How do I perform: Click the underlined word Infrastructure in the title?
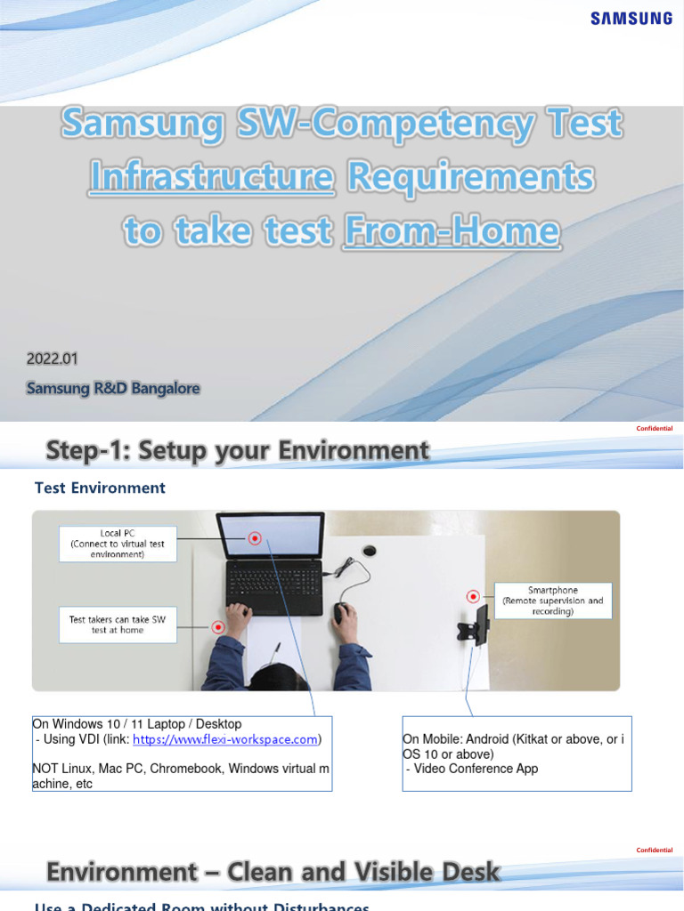(210, 178)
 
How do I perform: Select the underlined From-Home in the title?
(452, 231)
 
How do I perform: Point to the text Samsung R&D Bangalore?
(113, 388)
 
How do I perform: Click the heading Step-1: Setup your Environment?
(238, 450)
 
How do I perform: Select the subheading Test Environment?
(100, 488)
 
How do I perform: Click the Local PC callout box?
(118, 543)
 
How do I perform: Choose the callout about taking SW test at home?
(118, 624)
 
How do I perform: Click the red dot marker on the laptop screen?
(256, 538)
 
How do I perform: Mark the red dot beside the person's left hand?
(217, 627)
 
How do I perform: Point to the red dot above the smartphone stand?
(473, 596)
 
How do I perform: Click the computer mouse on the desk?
(340, 613)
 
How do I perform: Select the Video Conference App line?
(473, 769)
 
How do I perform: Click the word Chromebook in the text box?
(182, 768)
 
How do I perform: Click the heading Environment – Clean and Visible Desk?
(273, 873)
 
